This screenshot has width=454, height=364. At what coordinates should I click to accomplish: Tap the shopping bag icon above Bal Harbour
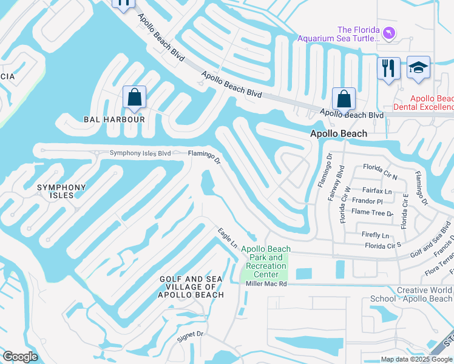134,97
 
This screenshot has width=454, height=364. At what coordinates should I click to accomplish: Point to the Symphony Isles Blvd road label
140,153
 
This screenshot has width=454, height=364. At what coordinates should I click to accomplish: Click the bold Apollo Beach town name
339,133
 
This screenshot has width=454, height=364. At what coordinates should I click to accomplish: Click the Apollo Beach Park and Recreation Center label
266,261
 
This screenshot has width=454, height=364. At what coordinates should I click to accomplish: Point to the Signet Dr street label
190,334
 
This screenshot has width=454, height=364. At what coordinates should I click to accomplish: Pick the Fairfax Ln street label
380,191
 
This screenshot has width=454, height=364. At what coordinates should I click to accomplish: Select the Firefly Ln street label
376,235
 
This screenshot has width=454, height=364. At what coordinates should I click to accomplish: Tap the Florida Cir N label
380,167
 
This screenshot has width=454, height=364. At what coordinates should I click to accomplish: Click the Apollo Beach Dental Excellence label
423,103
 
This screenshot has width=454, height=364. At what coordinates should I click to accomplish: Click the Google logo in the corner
21,356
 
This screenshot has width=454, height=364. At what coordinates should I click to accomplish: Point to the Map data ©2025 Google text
416,359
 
